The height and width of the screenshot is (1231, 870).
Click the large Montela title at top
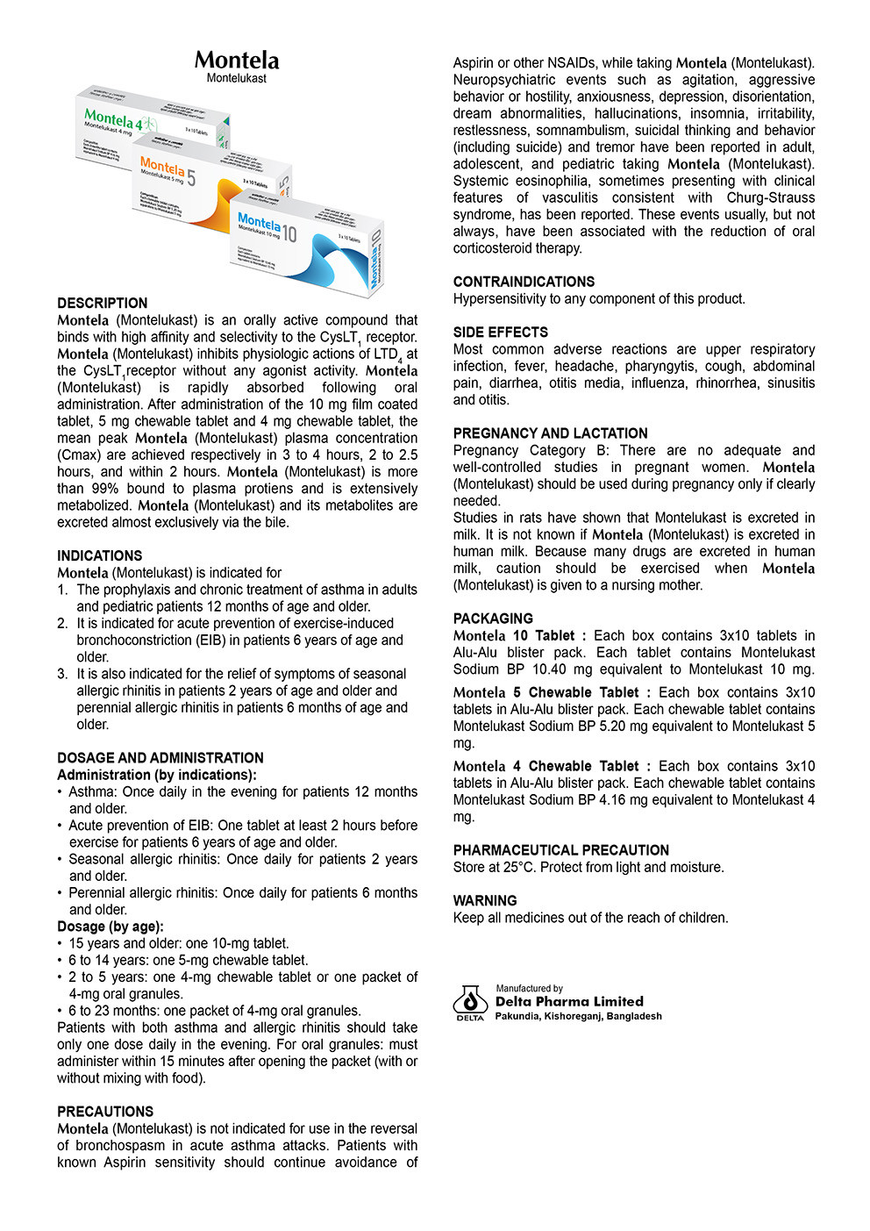[x=237, y=61]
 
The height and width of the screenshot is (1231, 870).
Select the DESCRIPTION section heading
[x=103, y=303]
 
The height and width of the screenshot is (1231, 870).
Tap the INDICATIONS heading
[x=99, y=555]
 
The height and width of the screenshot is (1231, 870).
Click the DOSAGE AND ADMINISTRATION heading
[x=160, y=757]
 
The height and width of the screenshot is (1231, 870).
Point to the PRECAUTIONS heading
[x=105, y=1111]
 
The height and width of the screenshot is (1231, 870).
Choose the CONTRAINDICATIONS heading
[x=524, y=282]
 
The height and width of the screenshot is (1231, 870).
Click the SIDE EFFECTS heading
[x=500, y=332]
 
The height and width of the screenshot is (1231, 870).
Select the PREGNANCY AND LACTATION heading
[x=550, y=433]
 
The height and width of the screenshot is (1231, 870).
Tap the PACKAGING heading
[x=493, y=618]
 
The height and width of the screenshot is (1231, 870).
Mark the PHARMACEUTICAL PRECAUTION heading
[x=560, y=849]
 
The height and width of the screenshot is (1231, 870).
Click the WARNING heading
[x=485, y=900]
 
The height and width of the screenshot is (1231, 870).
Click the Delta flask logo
[x=470, y=1001]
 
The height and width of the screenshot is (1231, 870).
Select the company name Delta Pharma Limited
[x=569, y=1001]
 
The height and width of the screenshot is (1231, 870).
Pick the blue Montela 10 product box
[x=307, y=246]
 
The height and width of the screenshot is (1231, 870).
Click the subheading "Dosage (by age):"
[x=111, y=927]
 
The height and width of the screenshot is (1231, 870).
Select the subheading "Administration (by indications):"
[x=157, y=775]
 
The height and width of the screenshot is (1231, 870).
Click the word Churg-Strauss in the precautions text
[x=770, y=197]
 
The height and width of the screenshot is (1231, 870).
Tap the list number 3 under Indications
[x=62, y=674]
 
